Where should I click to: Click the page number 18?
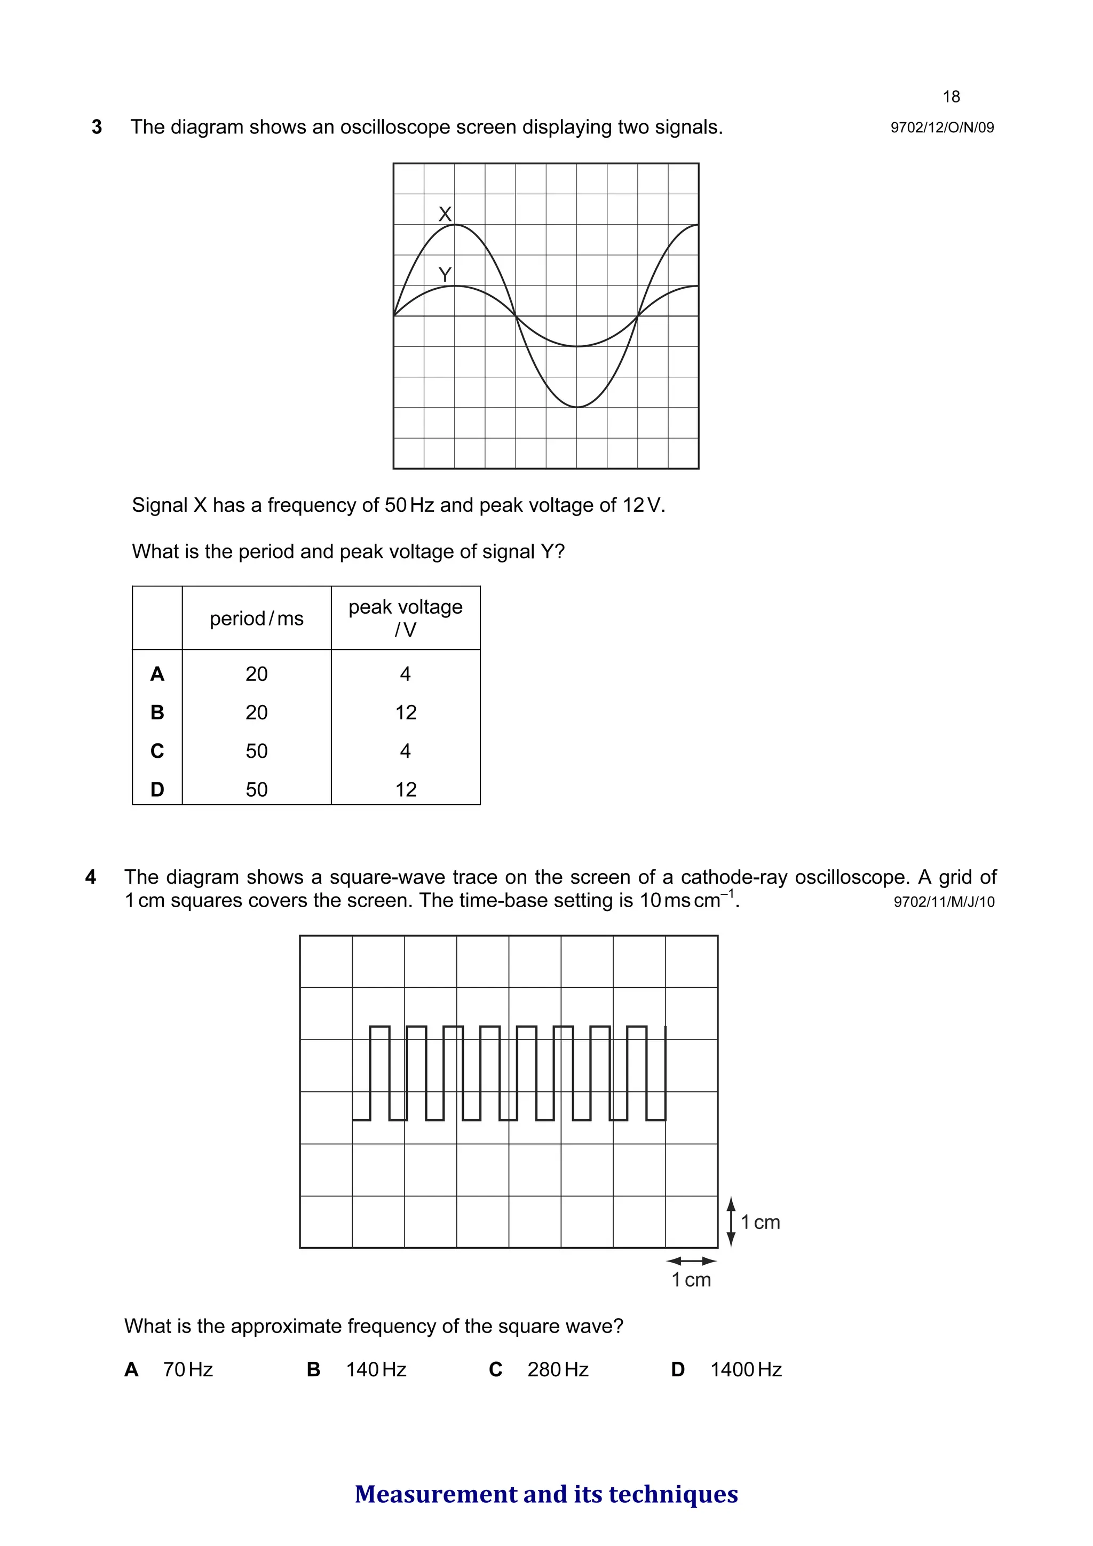click(951, 97)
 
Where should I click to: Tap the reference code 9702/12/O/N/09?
click(941, 128)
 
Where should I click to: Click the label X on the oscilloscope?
click(445, 214)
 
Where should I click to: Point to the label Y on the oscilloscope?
click(445, 275)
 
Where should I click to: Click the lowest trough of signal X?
click(577, 407)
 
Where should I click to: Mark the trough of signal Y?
click(577, 346)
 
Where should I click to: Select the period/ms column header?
click(257, 618)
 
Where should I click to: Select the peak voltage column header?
click(406, 617)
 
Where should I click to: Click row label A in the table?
click(157, 674)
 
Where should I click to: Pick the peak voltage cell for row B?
click(406, 712)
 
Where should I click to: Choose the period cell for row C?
click(257, 751)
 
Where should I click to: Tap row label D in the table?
click(157, 789)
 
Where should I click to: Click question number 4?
click(91, 877)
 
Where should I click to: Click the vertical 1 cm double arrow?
click(731, 1222)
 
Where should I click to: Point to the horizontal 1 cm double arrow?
click(691, 1260)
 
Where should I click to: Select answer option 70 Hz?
click(188, 1369)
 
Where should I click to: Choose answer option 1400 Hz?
click(746, 1369)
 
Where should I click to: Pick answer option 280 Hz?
click(558, 1369)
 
